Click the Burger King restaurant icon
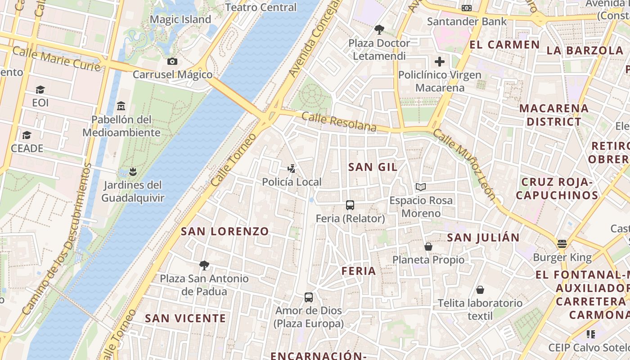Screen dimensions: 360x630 click(562, 244)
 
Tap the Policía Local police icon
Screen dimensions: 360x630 click(292, 169)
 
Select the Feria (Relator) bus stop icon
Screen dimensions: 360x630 click(350, 205)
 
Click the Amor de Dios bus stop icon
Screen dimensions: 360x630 click(308, 297)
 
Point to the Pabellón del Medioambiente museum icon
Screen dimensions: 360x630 click(121, 106)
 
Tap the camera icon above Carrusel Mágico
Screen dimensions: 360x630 click(172, 61)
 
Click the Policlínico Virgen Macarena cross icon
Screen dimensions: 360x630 click(439, 62)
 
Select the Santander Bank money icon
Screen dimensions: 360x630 click(467, 8)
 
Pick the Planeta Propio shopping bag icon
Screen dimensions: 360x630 click(428, 247)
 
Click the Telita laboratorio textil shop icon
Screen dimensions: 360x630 click(480, 290)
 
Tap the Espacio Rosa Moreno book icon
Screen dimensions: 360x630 click(421, 187)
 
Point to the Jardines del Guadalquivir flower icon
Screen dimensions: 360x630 click(132, 171)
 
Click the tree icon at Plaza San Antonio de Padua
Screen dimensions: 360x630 click(204, 265)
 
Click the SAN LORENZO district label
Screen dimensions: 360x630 click(225, 231)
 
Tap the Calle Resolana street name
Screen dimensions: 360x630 click(339, 122)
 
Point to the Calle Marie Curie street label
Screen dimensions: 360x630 click(56, 58)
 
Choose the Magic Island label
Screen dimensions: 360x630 click(180, 19)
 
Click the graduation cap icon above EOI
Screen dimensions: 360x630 click(40, 90)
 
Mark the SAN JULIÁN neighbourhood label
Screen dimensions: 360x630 click(483, 237)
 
